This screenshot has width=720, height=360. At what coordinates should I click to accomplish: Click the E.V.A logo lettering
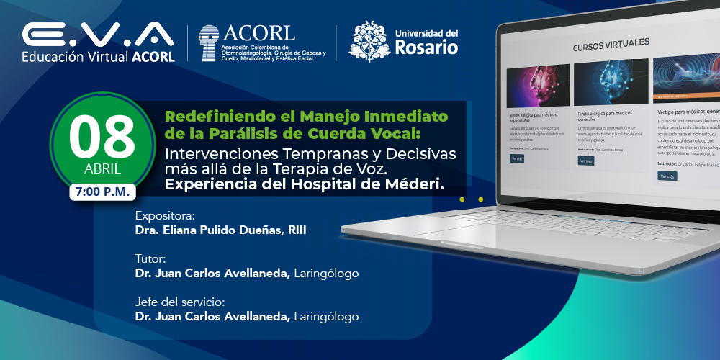98,34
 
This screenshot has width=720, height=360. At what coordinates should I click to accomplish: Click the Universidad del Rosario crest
369,42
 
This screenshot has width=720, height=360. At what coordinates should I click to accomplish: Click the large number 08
102,136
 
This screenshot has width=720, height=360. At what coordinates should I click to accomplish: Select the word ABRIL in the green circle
102,170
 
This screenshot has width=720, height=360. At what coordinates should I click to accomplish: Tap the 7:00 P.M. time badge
102,192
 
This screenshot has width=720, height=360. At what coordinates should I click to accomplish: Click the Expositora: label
165,215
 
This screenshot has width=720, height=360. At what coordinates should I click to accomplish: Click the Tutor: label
150,258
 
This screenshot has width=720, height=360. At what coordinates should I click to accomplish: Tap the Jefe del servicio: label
180,301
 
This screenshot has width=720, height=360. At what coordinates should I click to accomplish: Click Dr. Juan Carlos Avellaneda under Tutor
212,273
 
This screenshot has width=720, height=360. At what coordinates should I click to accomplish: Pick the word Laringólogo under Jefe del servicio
326,316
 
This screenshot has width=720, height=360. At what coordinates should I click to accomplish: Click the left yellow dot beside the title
462,199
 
